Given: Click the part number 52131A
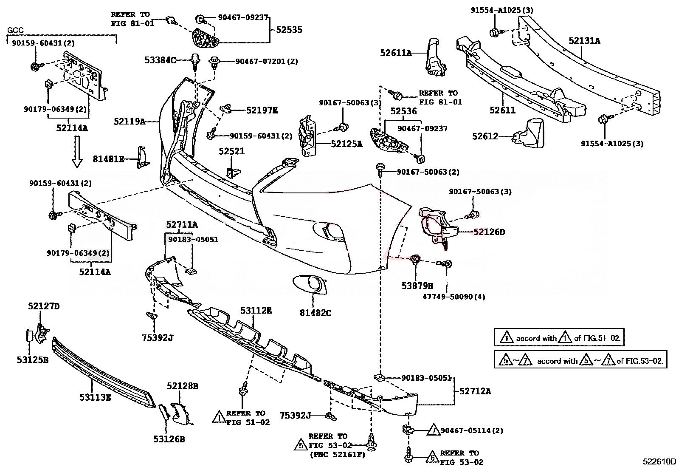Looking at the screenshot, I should coord(584,41).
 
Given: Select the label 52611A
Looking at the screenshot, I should coord(396,53).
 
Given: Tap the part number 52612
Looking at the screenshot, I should coord(485,136).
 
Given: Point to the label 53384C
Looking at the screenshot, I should coord(160,61).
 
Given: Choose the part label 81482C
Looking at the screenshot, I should coord(315,313).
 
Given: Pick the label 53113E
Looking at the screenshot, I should coord(95,398).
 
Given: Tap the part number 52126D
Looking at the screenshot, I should coord(489,232).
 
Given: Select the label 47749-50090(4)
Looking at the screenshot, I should coord(448,297).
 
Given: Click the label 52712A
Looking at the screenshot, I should coord(475,391).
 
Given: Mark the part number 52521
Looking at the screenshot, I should coord(231,151).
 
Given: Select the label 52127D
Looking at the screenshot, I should coord(44,306).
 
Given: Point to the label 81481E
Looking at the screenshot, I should coord(108,159).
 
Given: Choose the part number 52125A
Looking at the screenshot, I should coord(346,144).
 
